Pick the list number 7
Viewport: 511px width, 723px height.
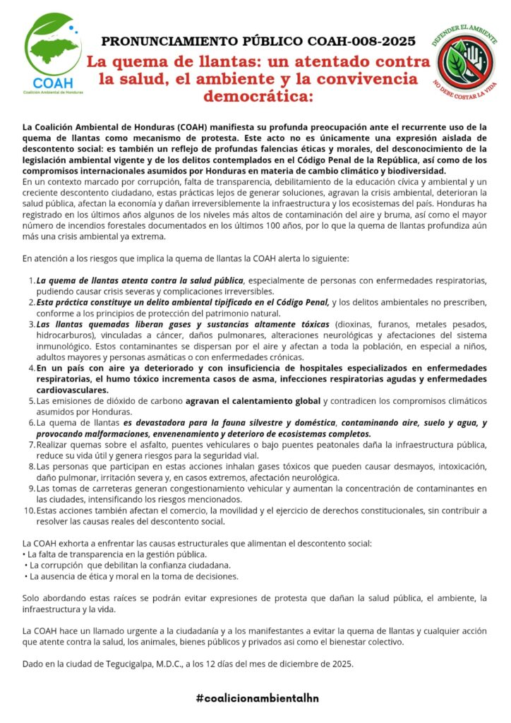[x=31, y=445]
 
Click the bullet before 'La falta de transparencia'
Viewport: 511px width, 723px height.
[x=25, y=554]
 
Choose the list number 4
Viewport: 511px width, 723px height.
[x=31, y=368]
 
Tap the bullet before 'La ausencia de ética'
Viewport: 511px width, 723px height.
[x=25, y=575]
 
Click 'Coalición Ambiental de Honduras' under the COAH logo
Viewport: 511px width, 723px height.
[x=54, y=93]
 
